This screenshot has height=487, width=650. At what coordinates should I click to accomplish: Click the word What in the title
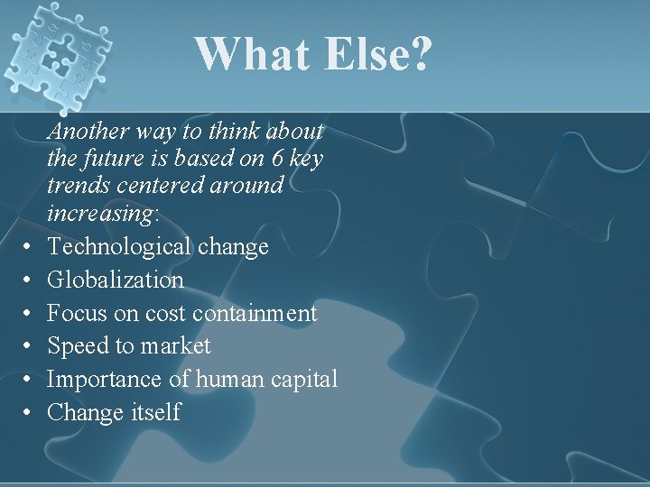click(x=250, y=55)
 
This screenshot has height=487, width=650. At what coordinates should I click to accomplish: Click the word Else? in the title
click(x=375, y=55)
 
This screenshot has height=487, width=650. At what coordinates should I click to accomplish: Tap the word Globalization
click(x=116, y=280)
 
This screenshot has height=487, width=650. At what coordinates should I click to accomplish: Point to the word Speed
click(x=76, y=346)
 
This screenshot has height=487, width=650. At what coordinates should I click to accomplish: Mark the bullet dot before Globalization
click(x=30, y=280)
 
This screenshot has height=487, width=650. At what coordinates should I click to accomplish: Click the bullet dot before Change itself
click(x=30, y=413)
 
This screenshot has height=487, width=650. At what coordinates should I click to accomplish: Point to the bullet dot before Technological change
click(x=30, y=247)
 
